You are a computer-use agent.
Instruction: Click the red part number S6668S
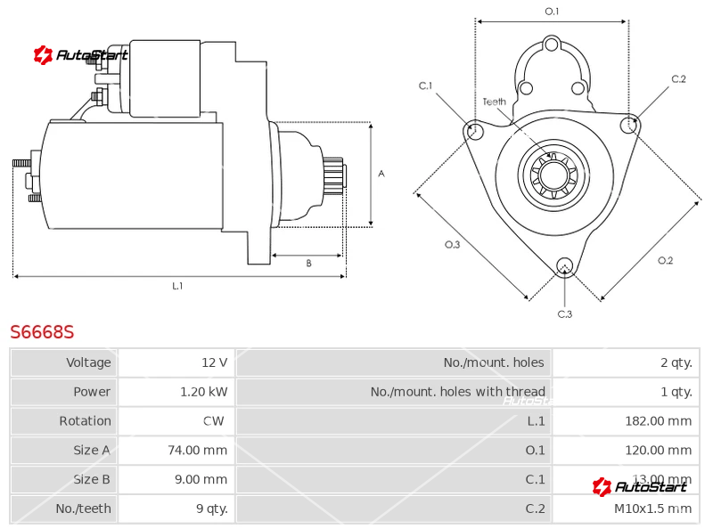coord(42,332)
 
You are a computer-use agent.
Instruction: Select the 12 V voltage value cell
coord(214,362)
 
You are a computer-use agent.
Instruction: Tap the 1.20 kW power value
coord(203,392)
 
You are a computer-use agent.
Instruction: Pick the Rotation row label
coord(85,421)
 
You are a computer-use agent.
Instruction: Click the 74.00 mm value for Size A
coord(197,451)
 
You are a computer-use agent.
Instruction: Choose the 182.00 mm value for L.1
coord(658,421)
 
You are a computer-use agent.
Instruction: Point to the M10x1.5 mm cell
coord(652,509)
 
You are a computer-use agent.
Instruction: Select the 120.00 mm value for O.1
coord(658,451)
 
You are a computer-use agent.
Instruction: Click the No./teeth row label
coord(83,509)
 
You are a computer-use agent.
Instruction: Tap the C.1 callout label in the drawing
coord(425,85)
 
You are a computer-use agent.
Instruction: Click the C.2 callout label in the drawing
coord(678,79)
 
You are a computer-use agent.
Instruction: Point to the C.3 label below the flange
coord(564,313)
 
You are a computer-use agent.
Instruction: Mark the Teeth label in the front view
coord(494,102)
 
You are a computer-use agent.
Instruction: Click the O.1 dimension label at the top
coord(552,11)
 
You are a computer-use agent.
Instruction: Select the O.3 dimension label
coord(452,245)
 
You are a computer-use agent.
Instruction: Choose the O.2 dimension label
coord(665,260)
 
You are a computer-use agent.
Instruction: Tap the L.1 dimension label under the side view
coord(177,286)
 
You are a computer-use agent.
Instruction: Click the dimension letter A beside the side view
coord(381,174)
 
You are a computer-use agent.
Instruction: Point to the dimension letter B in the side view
coord(308,263)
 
